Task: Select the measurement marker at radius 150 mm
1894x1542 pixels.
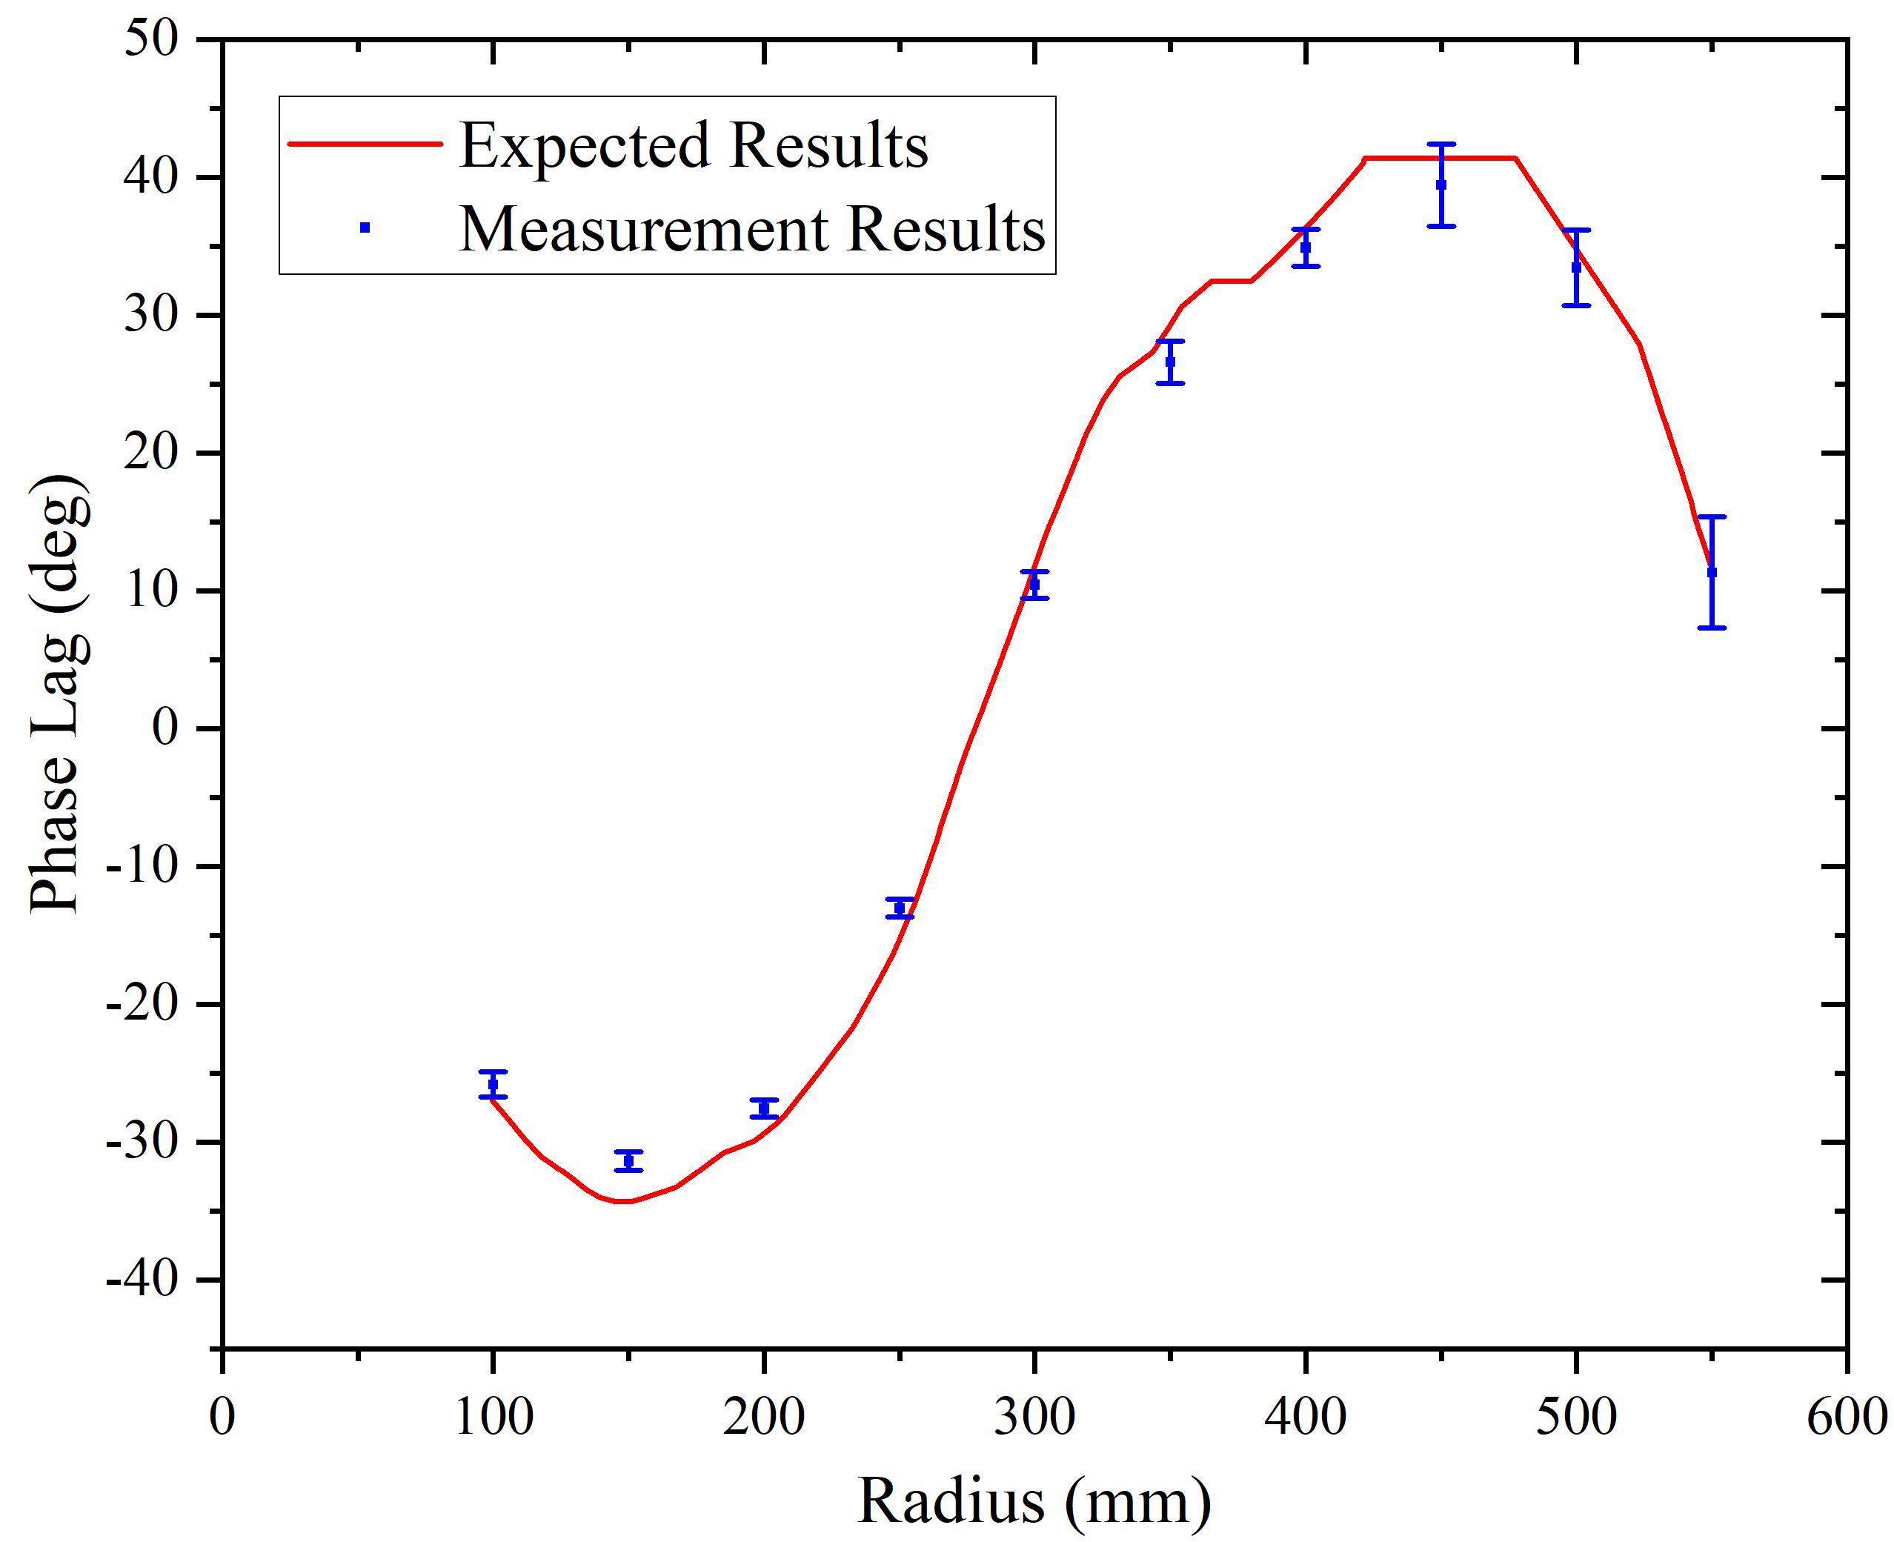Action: tap(628, 1161)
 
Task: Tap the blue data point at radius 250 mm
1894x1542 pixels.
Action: tap(900, 908)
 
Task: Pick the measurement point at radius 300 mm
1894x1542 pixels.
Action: tap(1034, 585)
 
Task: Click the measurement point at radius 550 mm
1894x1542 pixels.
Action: tap(1712, 572)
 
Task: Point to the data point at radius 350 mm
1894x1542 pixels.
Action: tap(1170, 362)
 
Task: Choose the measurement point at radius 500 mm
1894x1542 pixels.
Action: tap(1576, 267)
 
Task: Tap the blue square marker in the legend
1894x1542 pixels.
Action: tap(365, 227)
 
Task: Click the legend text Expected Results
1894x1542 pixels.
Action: tap(694, 144)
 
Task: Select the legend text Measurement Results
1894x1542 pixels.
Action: tap(752, 228)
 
